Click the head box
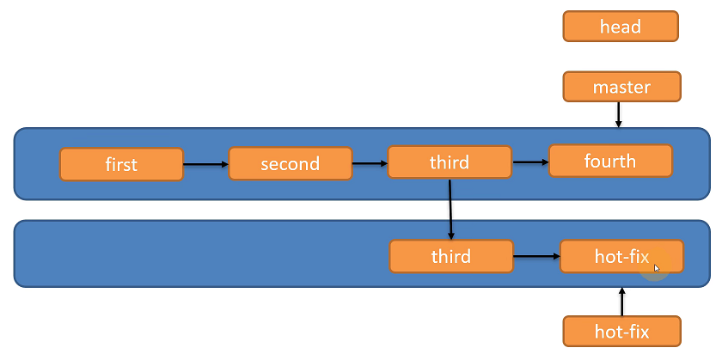[x=621, y=27]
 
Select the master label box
[x=621, y=87]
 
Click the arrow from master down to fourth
[x=618, y=114]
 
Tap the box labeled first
[x=121, y=164]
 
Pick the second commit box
[x=291, y=163]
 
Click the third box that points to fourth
[x=450, y=162]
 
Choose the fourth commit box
[x=610, y=161]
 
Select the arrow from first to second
[x=205, y=164]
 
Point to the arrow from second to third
[x=370, y=163]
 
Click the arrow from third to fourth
[x=530, y=162]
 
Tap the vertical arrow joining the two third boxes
[x=450, y=210]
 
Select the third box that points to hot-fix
[x=451, y=256]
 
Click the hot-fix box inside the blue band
[x=621, y=256]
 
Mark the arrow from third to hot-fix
[x=536, y=256]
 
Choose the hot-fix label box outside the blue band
[x=621, y=332]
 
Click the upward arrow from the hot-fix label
[x=622, y=302]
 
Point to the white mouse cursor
[x=657, y=269]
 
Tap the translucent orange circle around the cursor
[x=654, y=265]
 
